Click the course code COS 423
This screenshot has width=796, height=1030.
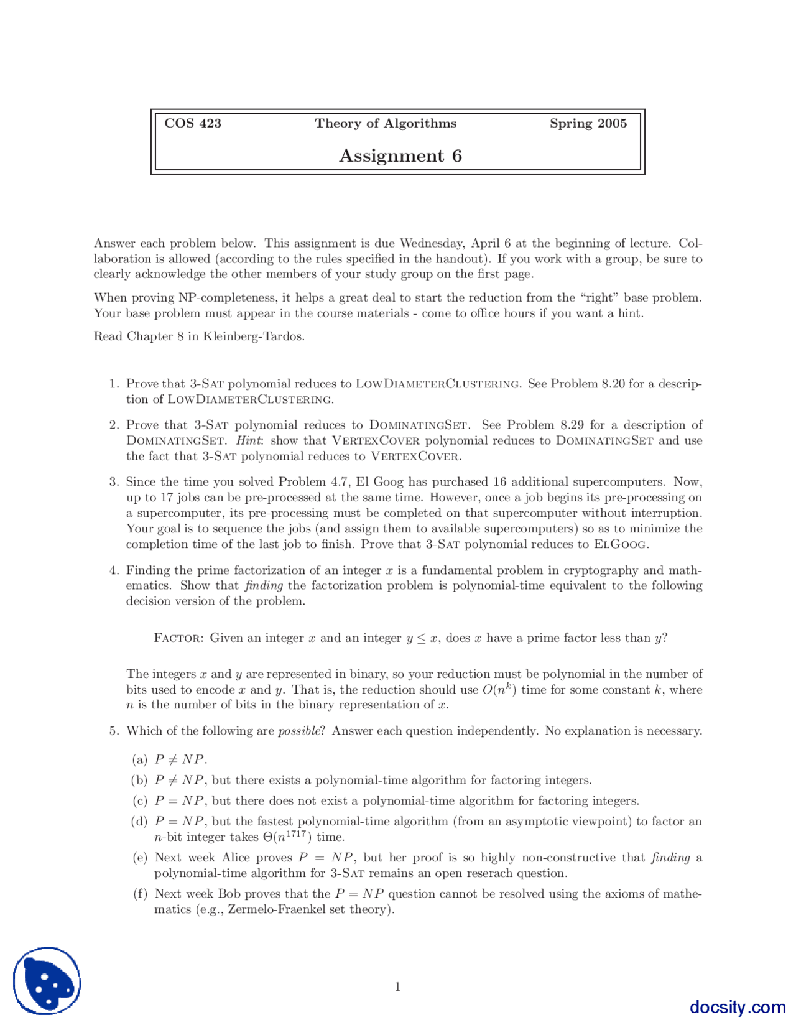click(x=193, y=123)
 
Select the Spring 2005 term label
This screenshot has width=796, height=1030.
click(x=588, y=123)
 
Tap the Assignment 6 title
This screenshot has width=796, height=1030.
click(x=400, y=155)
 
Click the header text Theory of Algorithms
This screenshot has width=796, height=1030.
click(x=386, y=123)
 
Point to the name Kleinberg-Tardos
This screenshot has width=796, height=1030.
click(x=253, y=336)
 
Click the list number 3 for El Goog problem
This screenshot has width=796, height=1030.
click(x=113, y=482)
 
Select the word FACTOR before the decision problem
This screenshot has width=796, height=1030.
click(x=177, y=638)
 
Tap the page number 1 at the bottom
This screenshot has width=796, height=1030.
click(x=397, y=986)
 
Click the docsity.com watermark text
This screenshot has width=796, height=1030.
click(x=737, y=1007)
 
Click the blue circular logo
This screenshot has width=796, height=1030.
click(x=47, y=981)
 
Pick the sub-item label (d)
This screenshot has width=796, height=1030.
click(x=139, y=822)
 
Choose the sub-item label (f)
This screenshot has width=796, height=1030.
click(x=140, y=894)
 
